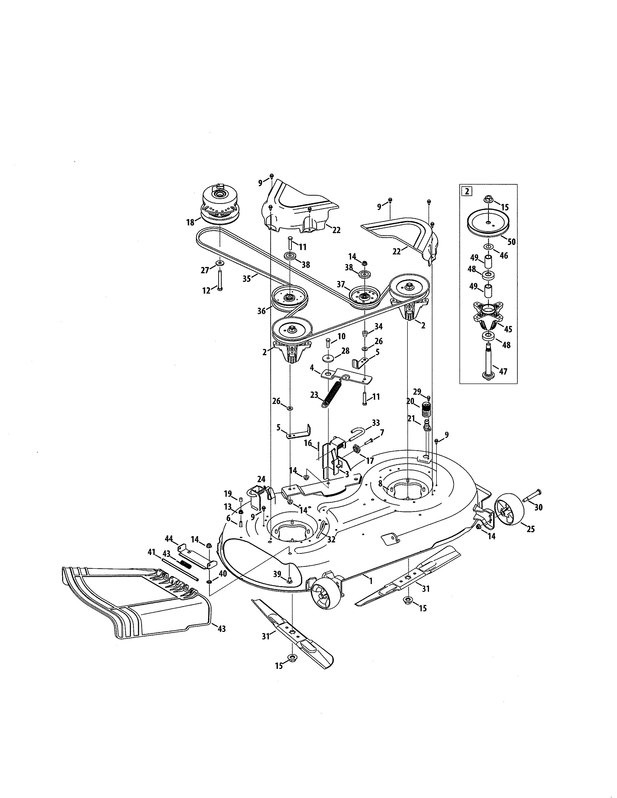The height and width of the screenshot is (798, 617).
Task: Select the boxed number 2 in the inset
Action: click(467, 191)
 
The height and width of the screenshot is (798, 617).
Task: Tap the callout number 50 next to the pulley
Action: click(511, 242)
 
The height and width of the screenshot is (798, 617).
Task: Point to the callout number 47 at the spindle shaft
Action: click(503, 372)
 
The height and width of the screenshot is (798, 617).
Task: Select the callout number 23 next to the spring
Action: click(314, 395)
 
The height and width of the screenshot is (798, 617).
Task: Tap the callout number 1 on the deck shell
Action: click(371, 581)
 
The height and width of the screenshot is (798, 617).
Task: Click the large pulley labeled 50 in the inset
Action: click(488, 224)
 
